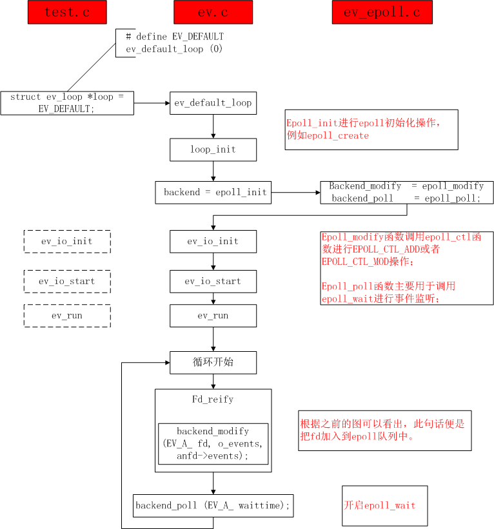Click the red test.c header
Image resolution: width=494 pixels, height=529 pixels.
pyautogui.click(x=67, y=12)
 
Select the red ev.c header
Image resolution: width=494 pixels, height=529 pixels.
pyautogui.click(x=213, y=12)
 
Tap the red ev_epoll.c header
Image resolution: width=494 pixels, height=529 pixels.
pyautogui.click(x=382, y=12)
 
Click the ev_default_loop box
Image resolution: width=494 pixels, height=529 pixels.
pyautogui.click(x=213, y=103)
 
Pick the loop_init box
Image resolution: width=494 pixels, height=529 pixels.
pyautogui.click(x=213, y=149)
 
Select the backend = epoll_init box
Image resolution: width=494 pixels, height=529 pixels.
pyautogui.click(x=213, y=192)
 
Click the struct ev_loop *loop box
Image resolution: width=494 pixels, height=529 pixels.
pyautogui.click(x=67, y=103)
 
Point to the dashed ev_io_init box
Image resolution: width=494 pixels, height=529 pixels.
pyautogui.click(x=67, y=242)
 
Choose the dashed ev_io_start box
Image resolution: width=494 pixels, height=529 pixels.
pyautogui.click(x=67, y=282)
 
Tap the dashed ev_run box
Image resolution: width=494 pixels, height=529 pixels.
pyautogui.click(x=67, y=316)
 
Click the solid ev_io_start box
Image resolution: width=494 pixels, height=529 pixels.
pyautogui.click(x=213, y=282)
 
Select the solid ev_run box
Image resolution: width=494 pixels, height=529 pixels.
pyautogui.click(x=213, y=316)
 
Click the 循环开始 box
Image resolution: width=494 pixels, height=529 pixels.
pyautogui.click(x=213, y=363)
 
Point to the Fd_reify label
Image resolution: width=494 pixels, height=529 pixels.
pyautogui.click(x=213, y=399)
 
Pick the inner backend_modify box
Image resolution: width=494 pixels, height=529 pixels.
pyautogui.click(x=213, y=444)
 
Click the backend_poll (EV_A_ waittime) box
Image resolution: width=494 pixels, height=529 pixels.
pyautogui.click(x=213, y=505)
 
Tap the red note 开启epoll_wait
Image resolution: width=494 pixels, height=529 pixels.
pyautogui.click(x=380, y=505)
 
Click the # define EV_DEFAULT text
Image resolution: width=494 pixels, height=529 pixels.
pyautogui.click(x=175, y=37)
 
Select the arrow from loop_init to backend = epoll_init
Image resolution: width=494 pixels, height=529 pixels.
pyautogui.click(x=213, y=171)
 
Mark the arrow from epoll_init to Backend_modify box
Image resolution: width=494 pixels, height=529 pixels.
pyautogui.click(x=296, y=192)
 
